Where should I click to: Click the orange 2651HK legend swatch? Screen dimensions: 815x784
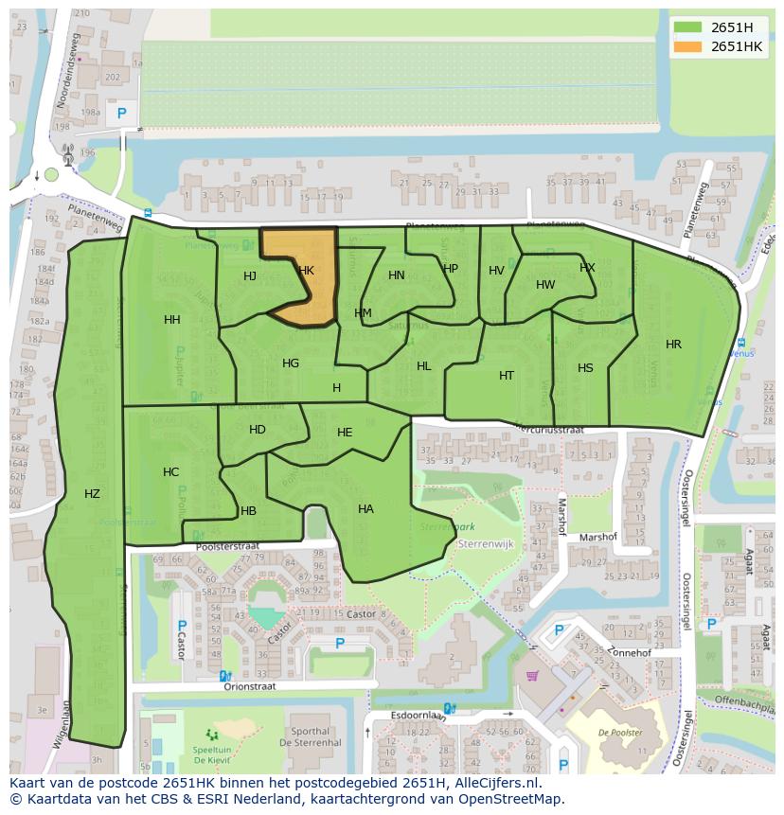688,46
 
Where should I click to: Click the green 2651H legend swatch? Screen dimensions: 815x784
688,27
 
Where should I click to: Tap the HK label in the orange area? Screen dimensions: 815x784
306,271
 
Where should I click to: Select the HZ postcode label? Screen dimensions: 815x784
92,494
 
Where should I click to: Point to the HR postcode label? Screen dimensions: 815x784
673,345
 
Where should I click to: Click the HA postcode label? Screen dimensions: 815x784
365,509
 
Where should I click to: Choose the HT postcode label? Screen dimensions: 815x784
507,376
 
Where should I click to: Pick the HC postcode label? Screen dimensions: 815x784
170,472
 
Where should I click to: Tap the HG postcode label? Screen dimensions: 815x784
291,363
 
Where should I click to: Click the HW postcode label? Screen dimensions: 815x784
545,285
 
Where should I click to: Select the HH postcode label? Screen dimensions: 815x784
171,320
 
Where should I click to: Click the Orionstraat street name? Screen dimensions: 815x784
250,687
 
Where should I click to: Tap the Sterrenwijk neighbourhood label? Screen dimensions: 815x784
485,545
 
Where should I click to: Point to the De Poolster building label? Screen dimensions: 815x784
620,733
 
